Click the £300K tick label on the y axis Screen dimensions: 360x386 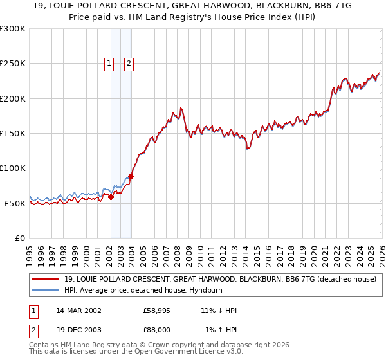[13, 29]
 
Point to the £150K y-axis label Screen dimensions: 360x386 [13, 133]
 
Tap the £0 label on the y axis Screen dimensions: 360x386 [20, 238]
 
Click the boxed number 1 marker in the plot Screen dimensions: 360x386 [110, 63]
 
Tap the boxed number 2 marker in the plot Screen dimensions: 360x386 [129, 63]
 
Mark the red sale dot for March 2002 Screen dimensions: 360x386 [111, 197]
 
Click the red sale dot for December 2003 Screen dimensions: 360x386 [131, 176]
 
